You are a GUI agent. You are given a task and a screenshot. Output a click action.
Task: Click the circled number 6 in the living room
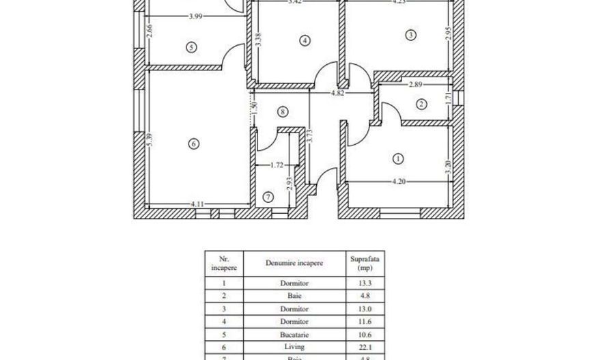coord(194,143)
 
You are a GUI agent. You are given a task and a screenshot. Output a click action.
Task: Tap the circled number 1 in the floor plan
coord(398,159)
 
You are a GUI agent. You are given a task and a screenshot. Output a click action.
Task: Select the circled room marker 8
coord(283,111)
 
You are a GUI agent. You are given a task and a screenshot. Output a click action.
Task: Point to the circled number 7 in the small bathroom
coord(268,197)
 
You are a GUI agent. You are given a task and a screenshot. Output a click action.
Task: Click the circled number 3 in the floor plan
coord(410,35)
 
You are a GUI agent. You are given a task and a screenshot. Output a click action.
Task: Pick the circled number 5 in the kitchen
coord(191,46)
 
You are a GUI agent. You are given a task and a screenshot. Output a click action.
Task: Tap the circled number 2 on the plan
coord(421,104)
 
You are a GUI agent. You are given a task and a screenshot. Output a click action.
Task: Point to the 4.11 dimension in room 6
coord(198,204)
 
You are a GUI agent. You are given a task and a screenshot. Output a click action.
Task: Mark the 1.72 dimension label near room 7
coord(277,165)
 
